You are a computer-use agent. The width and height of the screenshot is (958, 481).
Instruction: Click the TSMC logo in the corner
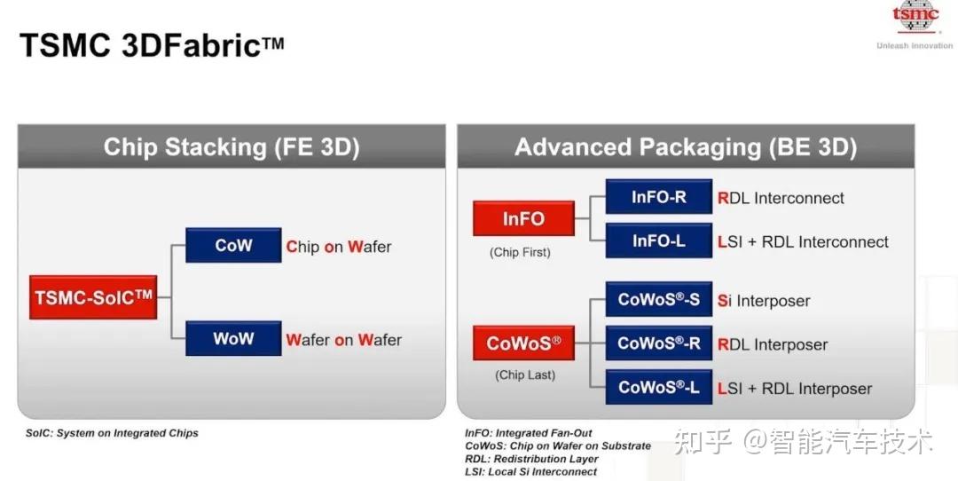click(x=915, y=17)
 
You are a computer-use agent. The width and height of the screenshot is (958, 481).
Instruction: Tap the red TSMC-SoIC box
click(x=93, y=297)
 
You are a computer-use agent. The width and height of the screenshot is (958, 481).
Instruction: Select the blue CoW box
click(x=233, y=245)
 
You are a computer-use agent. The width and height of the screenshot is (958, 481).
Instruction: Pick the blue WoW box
click(x=233, y=338)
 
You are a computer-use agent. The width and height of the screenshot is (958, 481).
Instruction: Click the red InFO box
click(x=523, y=218)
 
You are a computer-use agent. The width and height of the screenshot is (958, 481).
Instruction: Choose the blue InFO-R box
click(x=658, y=196)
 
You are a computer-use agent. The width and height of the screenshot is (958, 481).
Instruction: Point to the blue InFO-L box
click(x=658, y=240)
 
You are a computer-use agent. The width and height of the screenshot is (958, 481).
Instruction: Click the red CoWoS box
click(x=523, y=343)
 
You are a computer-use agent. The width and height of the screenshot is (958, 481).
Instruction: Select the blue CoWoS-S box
click(x=658, y=299)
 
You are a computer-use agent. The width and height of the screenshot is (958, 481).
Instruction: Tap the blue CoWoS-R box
click(x=658, y=343)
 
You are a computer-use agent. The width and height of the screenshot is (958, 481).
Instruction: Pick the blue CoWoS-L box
click(x=658, y=387)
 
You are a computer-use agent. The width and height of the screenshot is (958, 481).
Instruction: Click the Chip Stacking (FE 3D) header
click(x=232, y=146)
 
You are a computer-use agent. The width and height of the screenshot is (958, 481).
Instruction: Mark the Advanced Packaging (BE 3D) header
click(x=686, y=146)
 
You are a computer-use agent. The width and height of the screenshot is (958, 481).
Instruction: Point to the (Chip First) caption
click(x=520, y=252)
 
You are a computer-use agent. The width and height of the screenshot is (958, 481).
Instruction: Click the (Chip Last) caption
click(x=525, y=375)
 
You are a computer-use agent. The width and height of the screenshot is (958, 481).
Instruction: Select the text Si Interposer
click(x=764, y=301)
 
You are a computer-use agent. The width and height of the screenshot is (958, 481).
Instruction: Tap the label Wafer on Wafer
click(x=344, y=340)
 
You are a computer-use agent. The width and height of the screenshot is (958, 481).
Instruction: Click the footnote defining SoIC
click(x=112, y=433)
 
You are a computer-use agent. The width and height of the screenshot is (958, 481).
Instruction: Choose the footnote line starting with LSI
click(x=531, y=472)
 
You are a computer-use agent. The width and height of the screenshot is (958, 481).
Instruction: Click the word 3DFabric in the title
click(x=203, y=45)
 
